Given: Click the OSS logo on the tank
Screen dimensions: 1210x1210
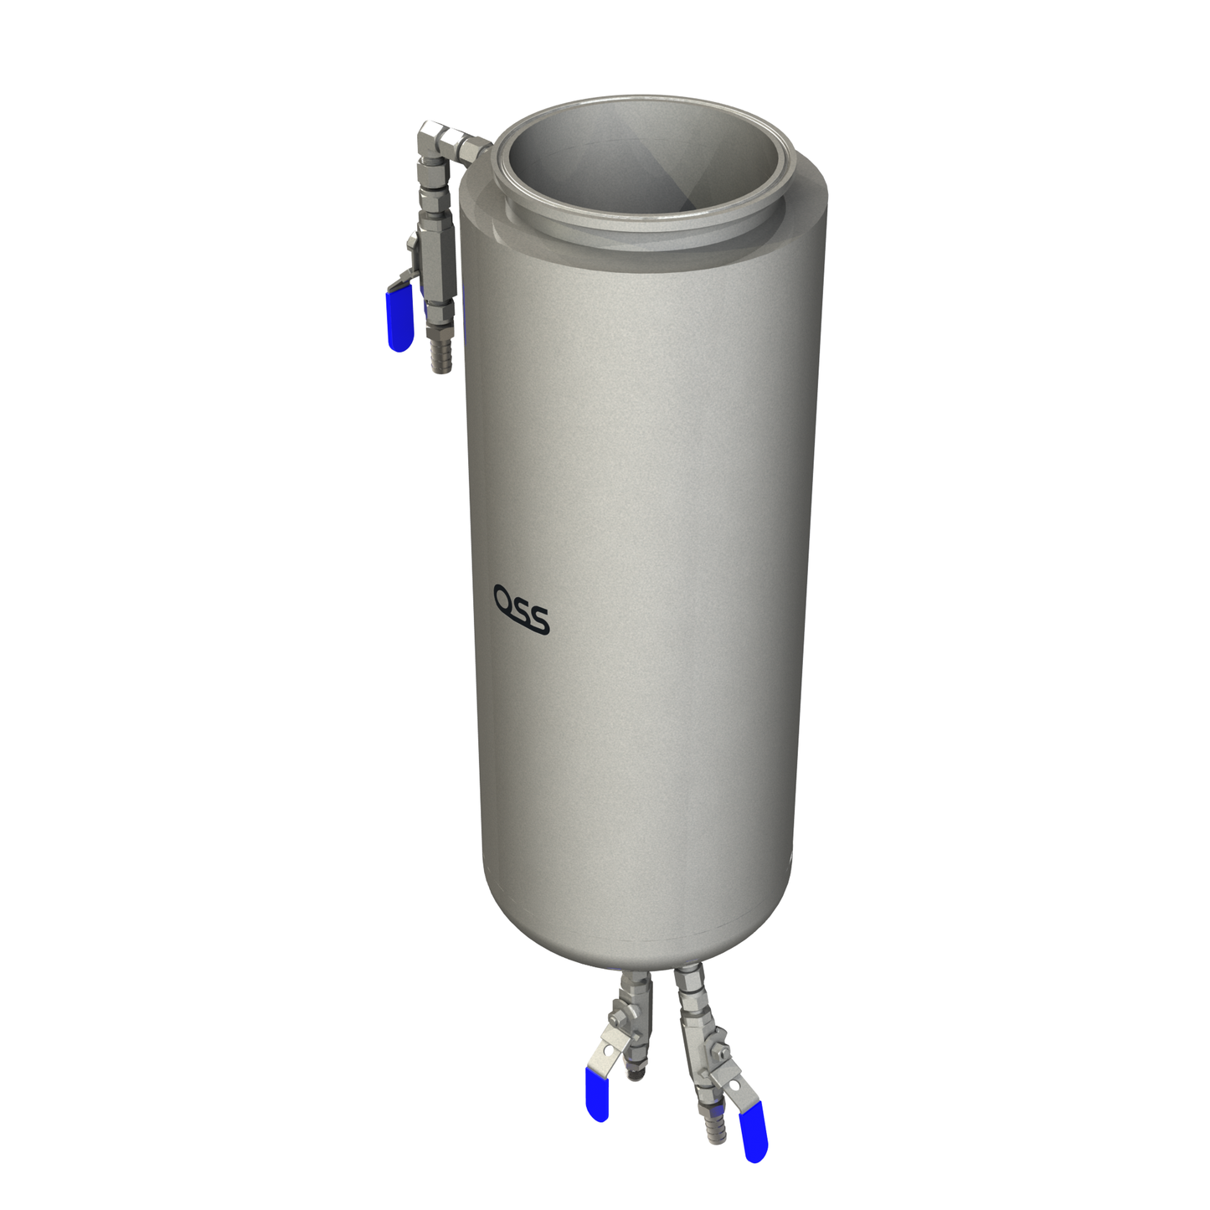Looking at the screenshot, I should point(521,609).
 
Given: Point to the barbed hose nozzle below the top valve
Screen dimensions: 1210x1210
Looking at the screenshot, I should point(440,352).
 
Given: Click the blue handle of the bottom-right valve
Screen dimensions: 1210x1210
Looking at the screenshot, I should point(754,1131).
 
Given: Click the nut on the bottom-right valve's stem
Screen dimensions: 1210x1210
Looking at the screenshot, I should point(718,1051).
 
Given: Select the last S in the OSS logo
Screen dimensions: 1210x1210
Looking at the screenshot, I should point(539,620).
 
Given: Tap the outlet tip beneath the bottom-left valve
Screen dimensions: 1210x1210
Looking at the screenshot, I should point(637,1069).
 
